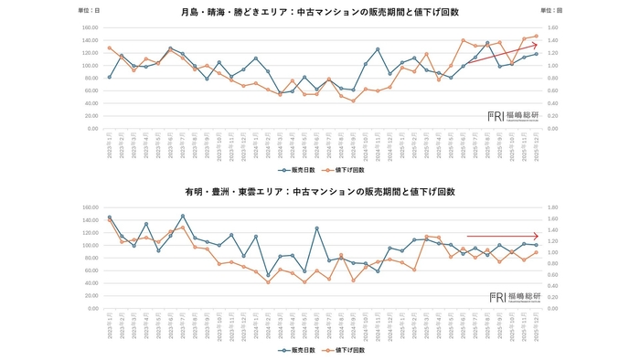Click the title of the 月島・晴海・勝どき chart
(x=319, y=12)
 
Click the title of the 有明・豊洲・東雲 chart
(x=319, y=193)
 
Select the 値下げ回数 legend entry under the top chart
(x=348, y=170)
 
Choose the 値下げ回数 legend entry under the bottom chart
(x=348, y=350)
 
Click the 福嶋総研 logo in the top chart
(x=514, y=116)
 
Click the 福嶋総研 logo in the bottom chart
(x=514, y=297)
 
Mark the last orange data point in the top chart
(x=536, y=36)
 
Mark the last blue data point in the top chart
(x=536, y=54)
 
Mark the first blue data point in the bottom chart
(x=109, y=217)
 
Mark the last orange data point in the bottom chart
(x=536, y=252)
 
